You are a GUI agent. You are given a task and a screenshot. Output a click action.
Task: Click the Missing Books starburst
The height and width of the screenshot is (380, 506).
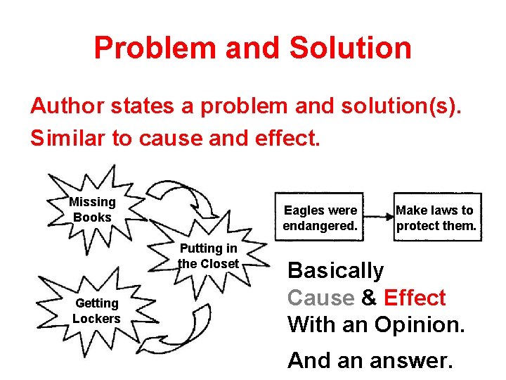(92, 210)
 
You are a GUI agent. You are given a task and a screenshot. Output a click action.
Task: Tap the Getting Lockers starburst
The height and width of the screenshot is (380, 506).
(96, 310)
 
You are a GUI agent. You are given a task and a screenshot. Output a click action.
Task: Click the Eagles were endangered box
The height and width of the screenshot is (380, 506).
(320, 218)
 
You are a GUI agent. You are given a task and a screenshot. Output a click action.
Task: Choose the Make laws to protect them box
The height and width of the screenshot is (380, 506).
(436, 218)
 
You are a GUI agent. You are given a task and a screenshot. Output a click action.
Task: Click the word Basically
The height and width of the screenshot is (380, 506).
(335, 270)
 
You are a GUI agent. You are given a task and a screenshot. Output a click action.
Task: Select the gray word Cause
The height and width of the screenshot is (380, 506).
(321, 298)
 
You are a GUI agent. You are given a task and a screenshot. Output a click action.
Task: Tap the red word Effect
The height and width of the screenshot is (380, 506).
(415, 298)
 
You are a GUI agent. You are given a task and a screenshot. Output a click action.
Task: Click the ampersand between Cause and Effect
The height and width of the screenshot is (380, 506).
(369, 298)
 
